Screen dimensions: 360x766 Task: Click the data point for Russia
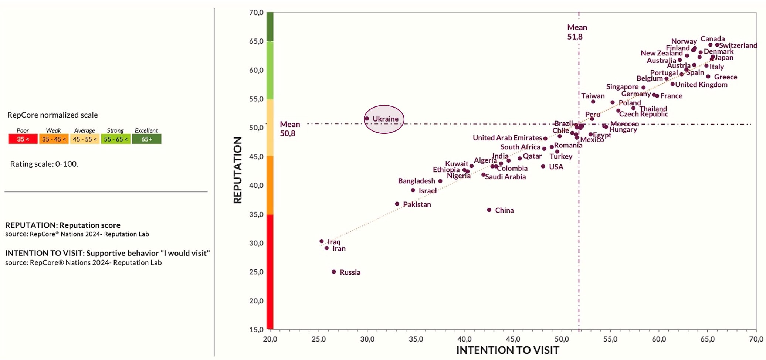[x=334, y=272]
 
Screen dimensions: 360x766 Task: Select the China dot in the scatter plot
[x=489, y=210]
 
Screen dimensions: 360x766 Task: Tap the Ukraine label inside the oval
[x=385, y=119]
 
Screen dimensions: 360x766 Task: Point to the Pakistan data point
[x=397, y=204]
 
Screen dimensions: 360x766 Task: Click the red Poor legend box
[x=23, y=139]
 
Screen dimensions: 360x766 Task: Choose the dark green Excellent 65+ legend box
[x=146, y=139]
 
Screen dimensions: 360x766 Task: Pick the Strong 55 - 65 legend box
[x=115, y=139]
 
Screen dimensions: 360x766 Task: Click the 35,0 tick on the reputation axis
[x=256, y=214]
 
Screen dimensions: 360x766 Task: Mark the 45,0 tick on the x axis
[x=513, y=339]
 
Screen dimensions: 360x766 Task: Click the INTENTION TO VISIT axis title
[x=508, y=350]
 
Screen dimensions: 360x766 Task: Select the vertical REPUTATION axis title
[x=238, y=170]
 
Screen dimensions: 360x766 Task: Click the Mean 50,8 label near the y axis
[x=289, y=129]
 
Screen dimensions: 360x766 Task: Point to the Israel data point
[x=413, y=190]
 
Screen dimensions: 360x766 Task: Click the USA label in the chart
[x=556, y=167]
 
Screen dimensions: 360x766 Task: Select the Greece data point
[x=708, y=77]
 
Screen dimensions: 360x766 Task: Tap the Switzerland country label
[x=738, y=45]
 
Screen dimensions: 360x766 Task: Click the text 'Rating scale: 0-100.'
[x=44, y=164]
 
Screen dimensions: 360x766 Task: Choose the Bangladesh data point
[x=440, y=181]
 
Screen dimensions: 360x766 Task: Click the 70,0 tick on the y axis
[x=256, y=13]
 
